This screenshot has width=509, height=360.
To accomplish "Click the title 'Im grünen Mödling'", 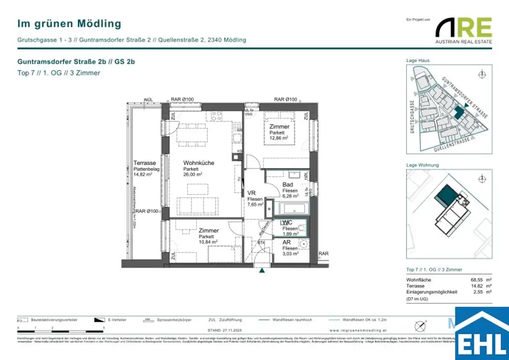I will point(69,23).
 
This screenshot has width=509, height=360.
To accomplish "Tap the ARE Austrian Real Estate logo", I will point(463,30).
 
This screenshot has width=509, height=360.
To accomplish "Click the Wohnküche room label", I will point(198,163).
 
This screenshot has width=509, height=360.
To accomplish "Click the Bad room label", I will point(287,184).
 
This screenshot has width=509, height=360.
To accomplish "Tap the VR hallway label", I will point(252,193).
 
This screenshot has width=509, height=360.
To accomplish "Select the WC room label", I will point(286,223).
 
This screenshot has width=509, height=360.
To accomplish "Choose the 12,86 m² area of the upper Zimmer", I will point(279,139).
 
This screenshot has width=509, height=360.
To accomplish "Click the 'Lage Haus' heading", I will point(418,60).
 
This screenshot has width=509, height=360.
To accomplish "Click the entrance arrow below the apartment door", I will point(260,271).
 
